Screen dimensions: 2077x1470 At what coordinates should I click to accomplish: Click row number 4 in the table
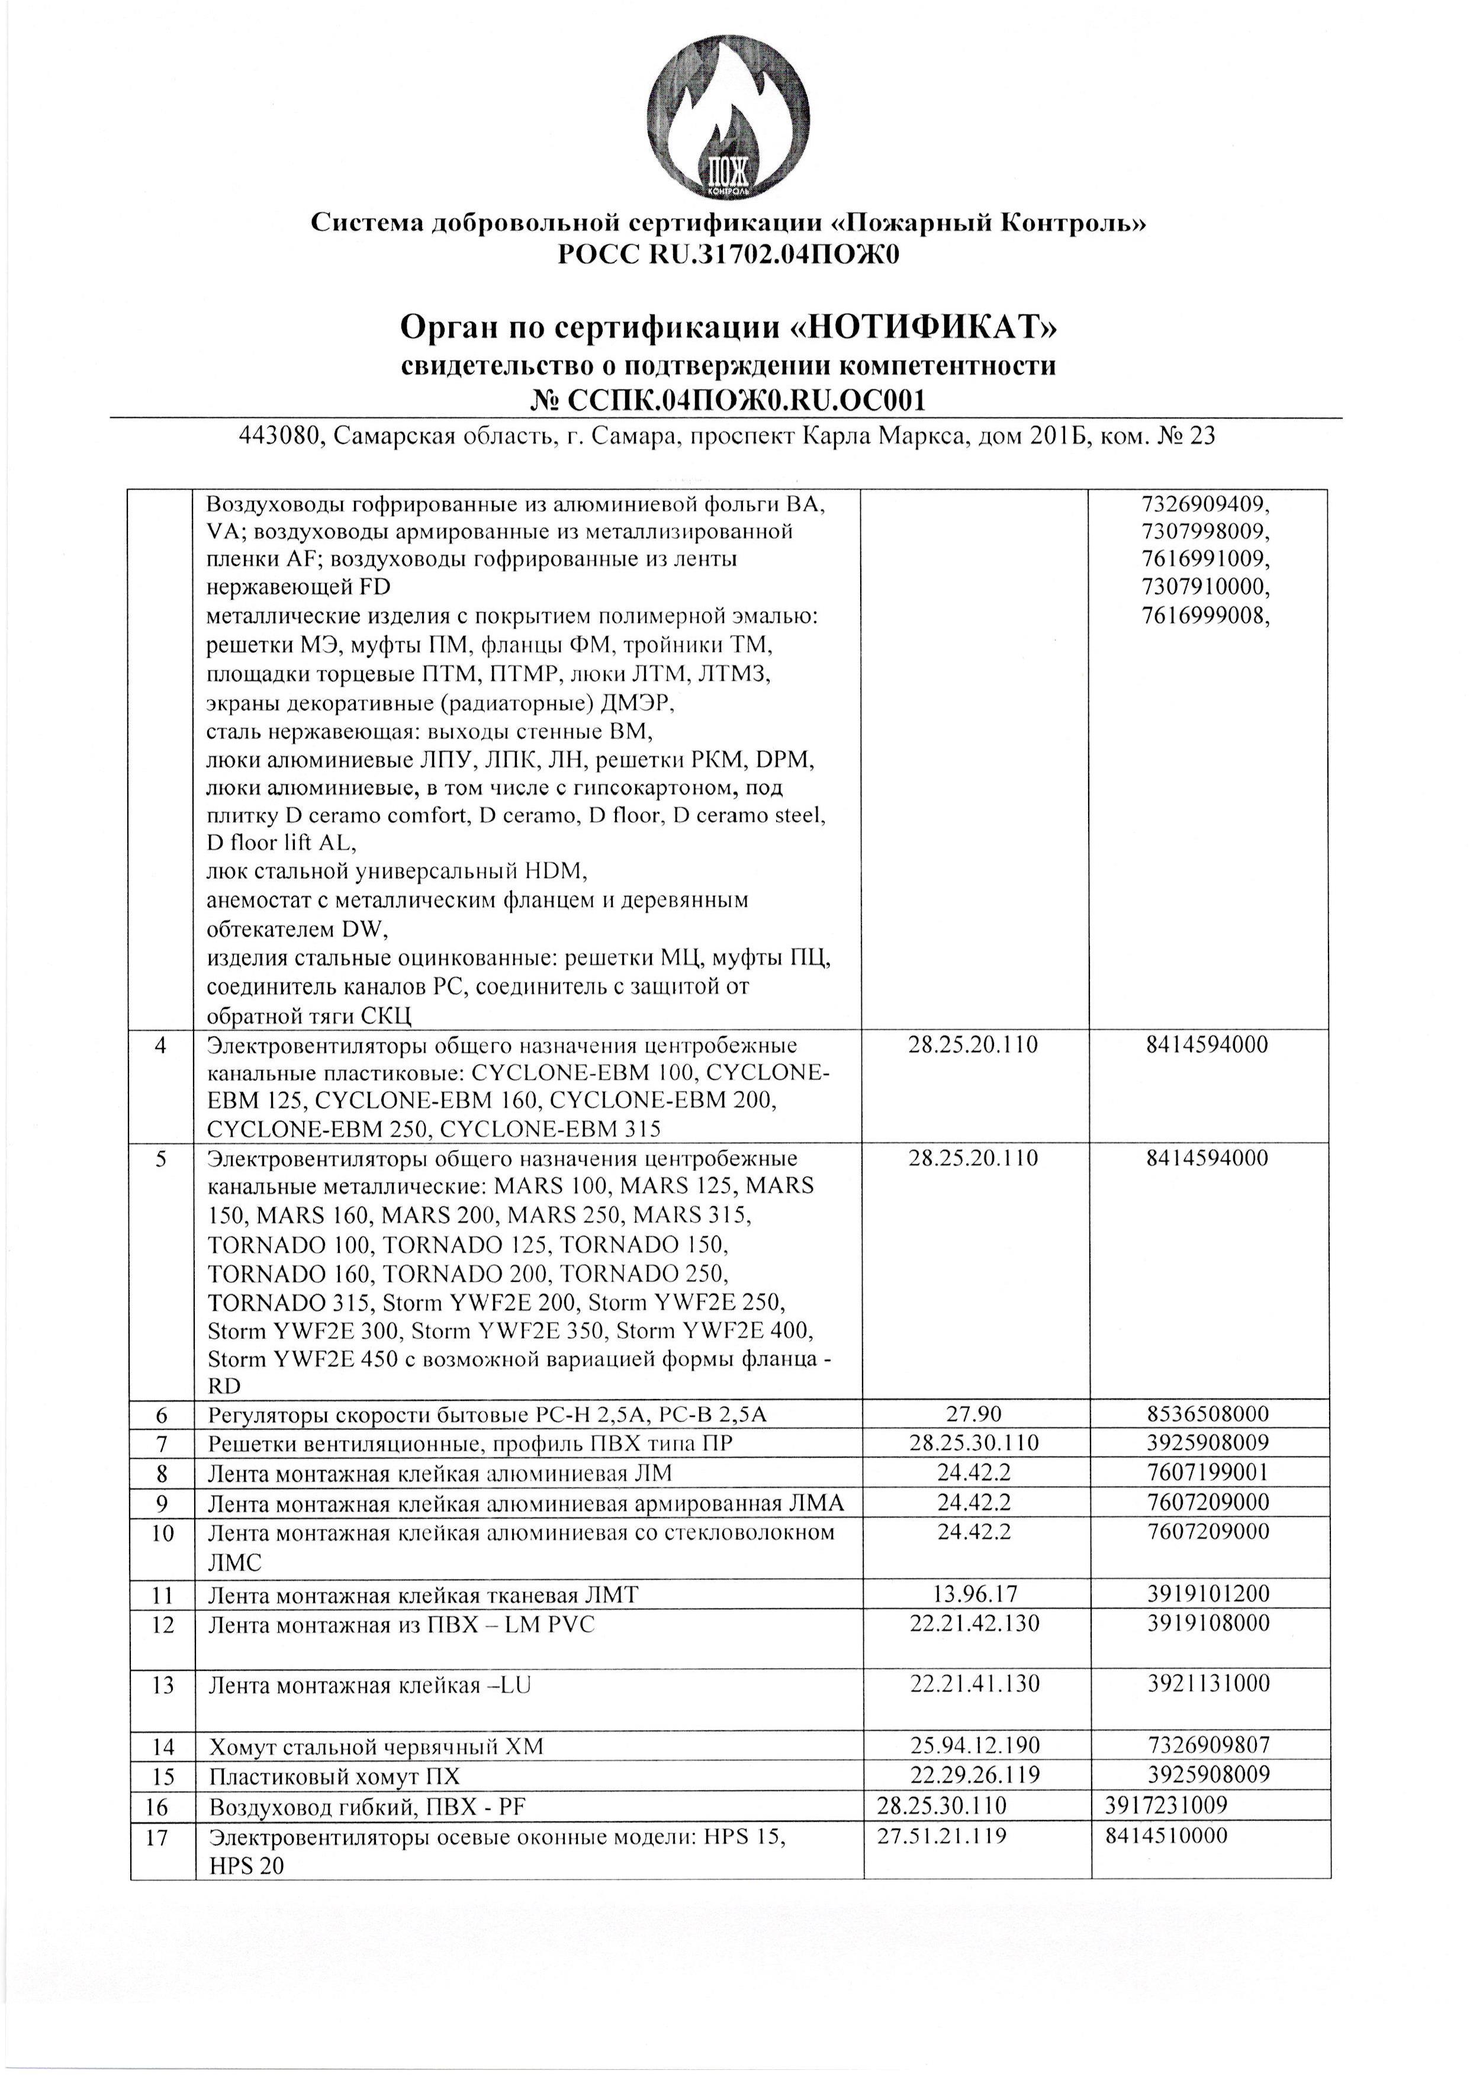click(x=161, y=1045)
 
